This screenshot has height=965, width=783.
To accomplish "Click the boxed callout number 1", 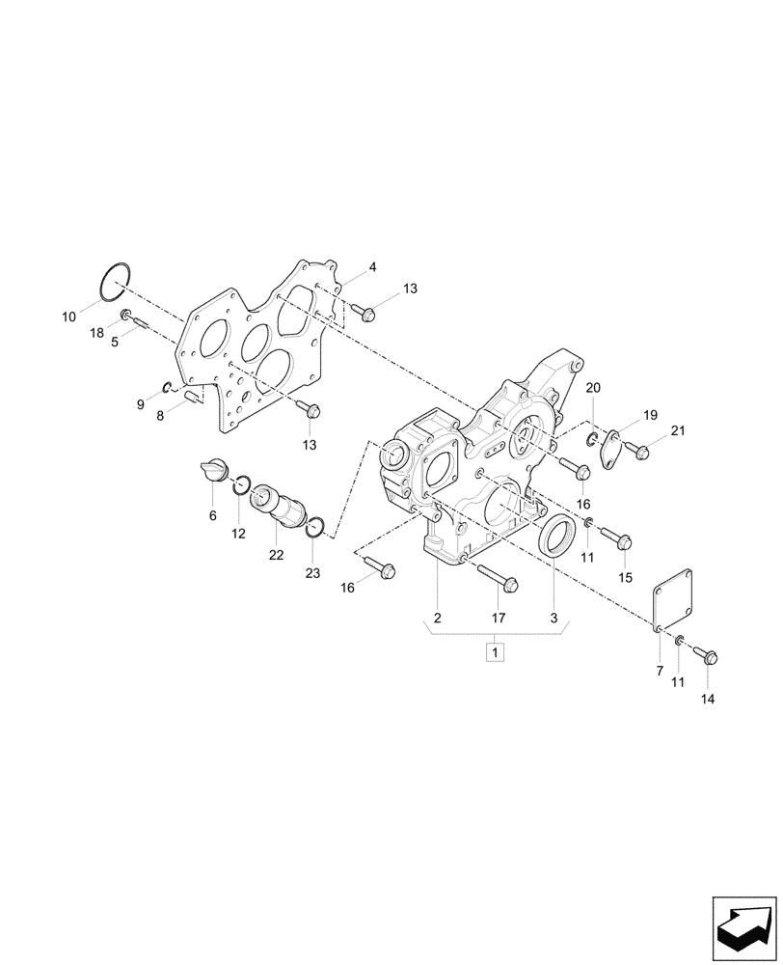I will [x=495, y=653].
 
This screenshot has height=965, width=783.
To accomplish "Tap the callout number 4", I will [x=372, y=267].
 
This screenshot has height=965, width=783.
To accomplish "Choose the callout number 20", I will [x=593, y=387].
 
